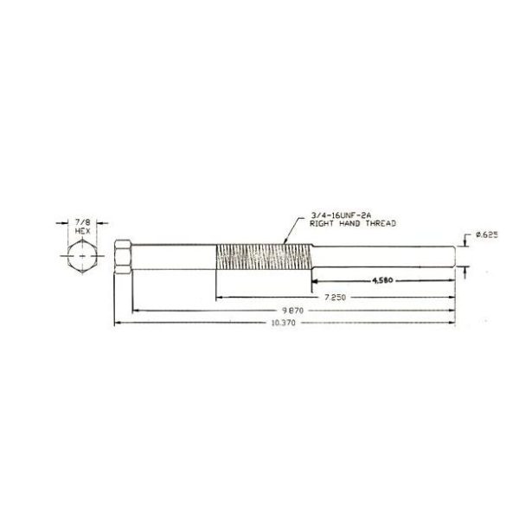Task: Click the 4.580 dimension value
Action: [x=382, y=280]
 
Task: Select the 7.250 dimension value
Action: [x=335, y=298]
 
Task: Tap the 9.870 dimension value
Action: [x=292, y=311]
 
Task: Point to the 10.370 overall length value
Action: [x=283, y=323]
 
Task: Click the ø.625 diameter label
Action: [x=486, y=235]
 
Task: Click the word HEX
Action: [x=82, y=231]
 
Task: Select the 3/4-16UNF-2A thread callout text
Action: [x=339, y=215]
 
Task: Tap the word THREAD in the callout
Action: [x=381, y=224]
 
